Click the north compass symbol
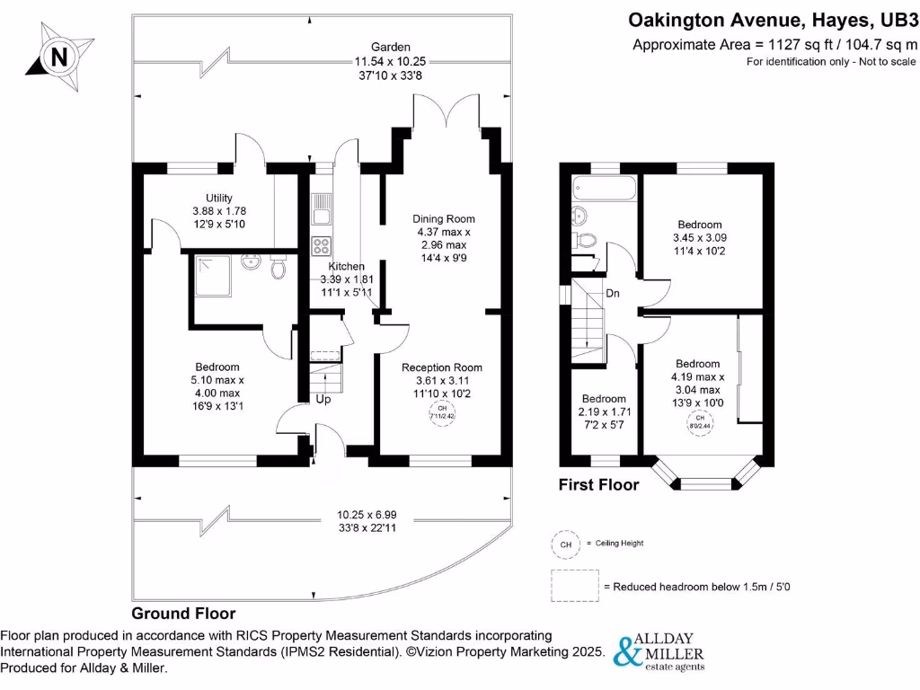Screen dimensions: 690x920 click(59, 56)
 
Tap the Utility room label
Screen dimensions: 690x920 click(219, 198)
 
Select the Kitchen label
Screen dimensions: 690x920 click(347, 266)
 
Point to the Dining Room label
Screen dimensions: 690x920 click(444, 218)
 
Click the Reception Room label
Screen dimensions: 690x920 click(442, 367)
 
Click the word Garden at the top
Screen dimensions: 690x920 click(392, 47)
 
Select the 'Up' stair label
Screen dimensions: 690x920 click(323, 399)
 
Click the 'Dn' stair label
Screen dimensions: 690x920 click(612, 293)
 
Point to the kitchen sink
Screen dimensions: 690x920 click(320, 212)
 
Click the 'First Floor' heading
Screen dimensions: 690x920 click(599, 485)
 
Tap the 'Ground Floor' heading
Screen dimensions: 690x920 click(183, 615)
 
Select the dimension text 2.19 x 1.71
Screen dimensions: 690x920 click(604, 411)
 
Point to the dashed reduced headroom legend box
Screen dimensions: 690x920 click(575, 586)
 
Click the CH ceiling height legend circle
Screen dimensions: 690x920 click(565, 544)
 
